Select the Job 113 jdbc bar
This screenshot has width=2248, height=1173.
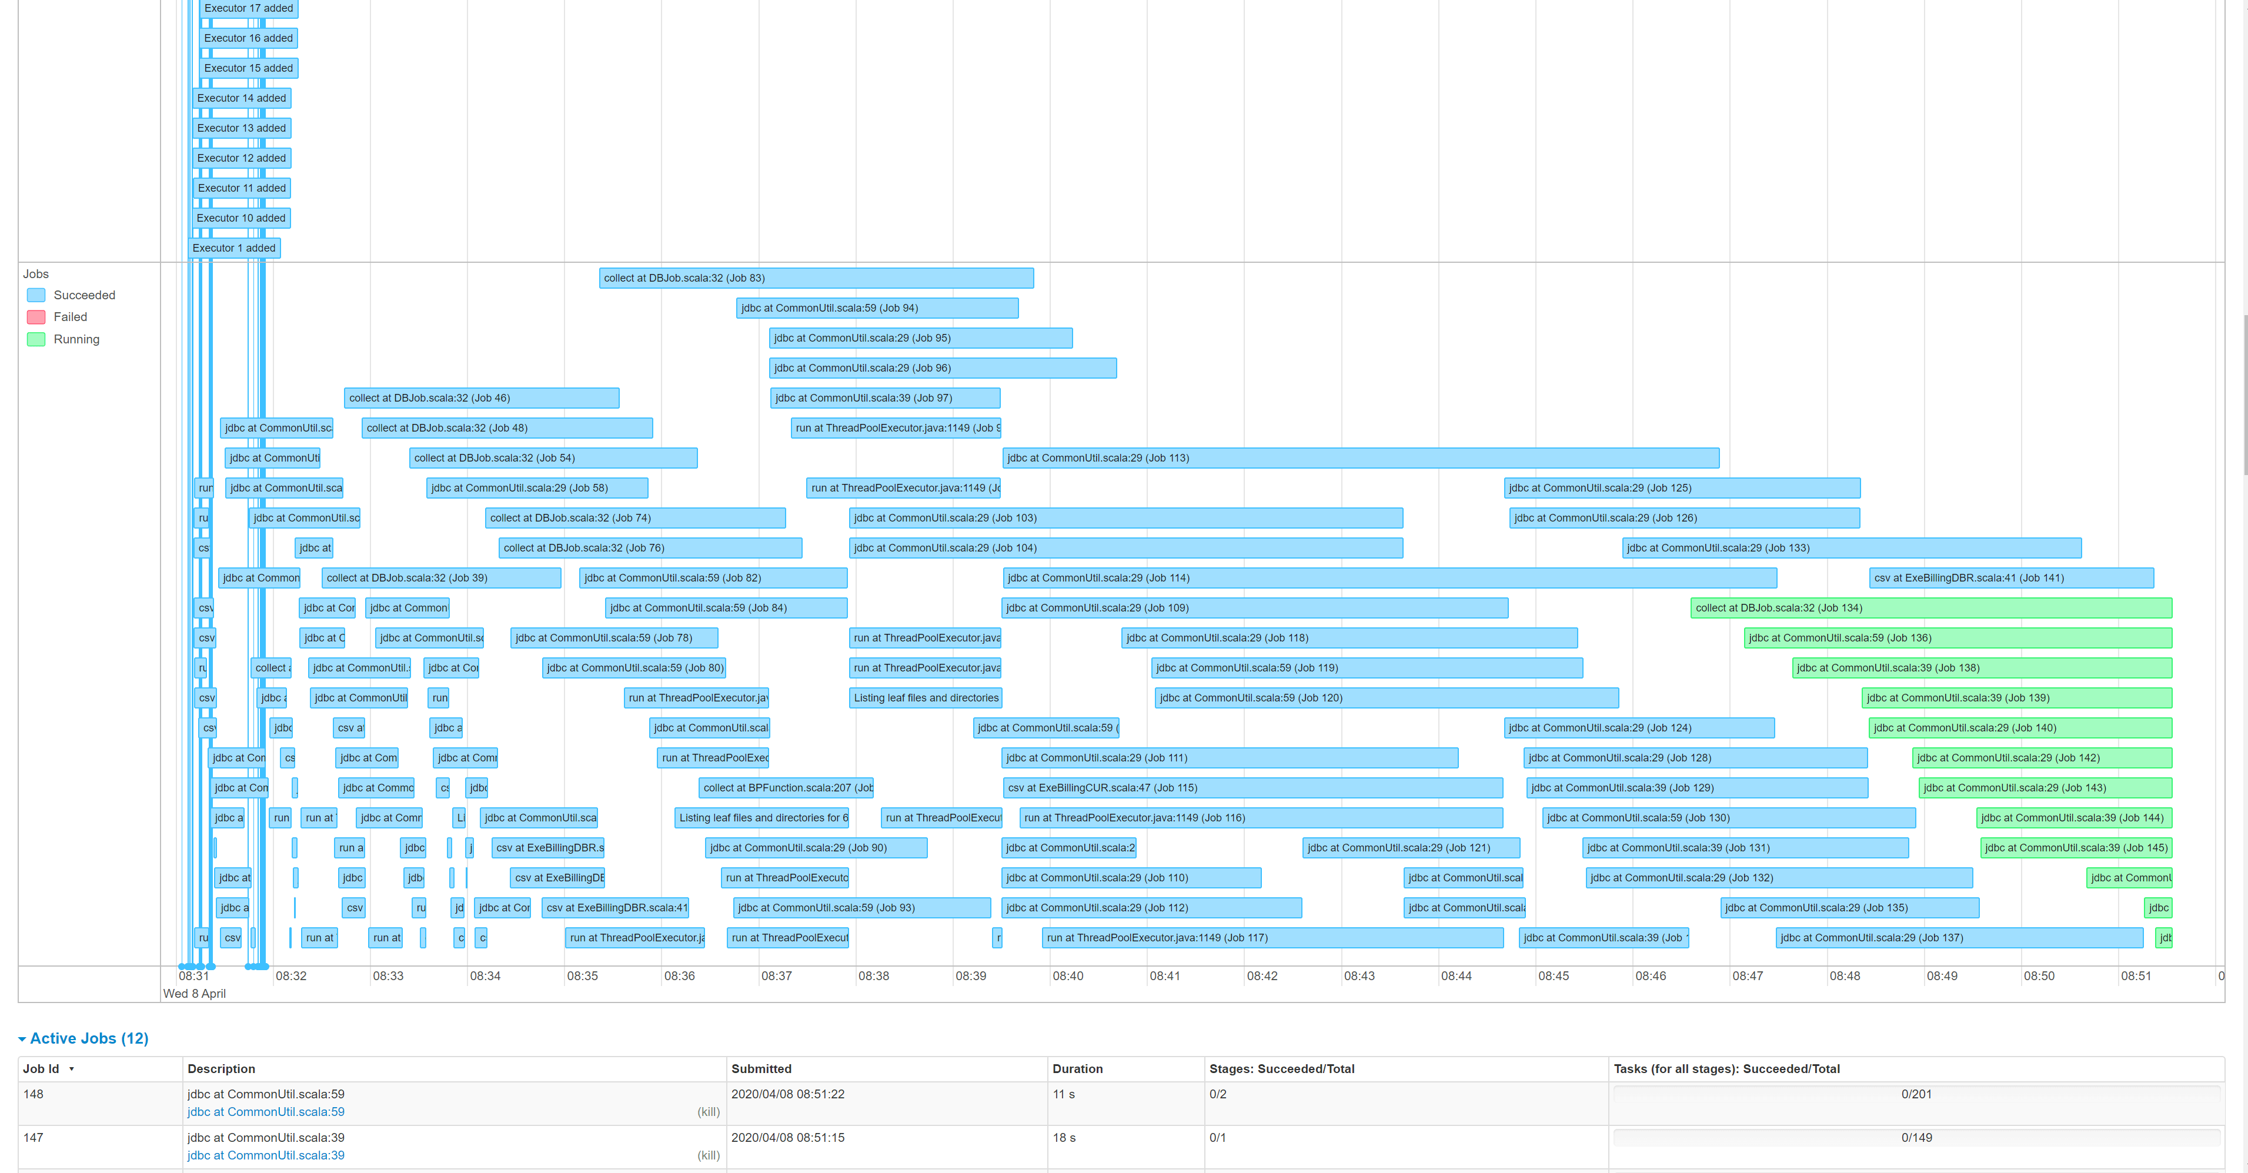[1360, 458]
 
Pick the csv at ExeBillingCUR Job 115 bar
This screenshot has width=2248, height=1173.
[1252, 788]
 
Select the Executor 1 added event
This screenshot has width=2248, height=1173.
[234, 249]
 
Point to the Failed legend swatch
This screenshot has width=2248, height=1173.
[36, 318]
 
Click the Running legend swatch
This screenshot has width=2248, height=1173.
[36, 339]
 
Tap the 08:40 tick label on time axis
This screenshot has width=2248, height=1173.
[1067, 976]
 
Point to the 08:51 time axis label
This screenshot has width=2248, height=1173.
[2136, 976]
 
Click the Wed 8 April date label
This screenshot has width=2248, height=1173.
[195, 993]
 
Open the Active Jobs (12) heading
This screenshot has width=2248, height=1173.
[89, 1038]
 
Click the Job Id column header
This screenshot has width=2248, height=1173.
[41, 1069]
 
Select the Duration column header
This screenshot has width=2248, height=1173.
[1077, 1069]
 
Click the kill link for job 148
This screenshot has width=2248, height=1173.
[708, 1112]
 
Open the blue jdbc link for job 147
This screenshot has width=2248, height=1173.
[265, 1155]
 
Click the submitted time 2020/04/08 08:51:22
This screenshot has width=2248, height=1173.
[787, 1094]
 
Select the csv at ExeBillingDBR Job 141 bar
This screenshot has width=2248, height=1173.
[2010, 578]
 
